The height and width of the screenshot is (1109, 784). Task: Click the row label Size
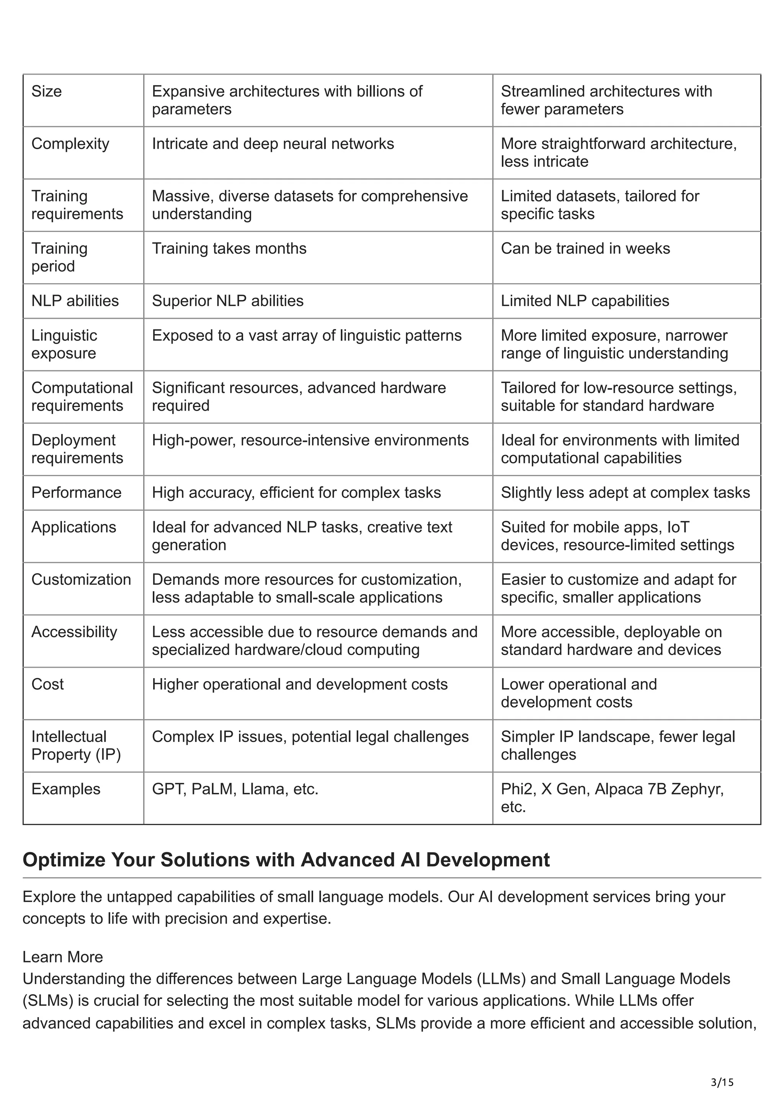(x=46, y=91)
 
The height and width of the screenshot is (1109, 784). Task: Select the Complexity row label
(x=70, y=144)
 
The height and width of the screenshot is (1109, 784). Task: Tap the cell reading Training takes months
(x=229, y=248)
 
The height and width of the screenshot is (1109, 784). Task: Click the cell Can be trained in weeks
(x=585, y=248)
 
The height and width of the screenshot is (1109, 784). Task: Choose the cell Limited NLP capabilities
(x=585, y=300)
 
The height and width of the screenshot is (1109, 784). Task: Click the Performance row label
(x=76, y=492)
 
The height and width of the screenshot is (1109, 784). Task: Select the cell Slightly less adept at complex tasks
(x=625, y=492)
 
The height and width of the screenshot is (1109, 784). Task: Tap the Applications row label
(x=73, y=527)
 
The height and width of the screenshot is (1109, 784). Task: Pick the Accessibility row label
(x=74, y=632)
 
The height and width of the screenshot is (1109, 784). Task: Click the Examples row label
(x=66, y=789)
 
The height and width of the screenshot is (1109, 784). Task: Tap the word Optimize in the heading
(x=64, y=860)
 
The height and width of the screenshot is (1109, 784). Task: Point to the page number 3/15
(x=722, y=1083)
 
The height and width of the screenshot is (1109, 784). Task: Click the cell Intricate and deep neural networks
(x=273, y=144)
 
